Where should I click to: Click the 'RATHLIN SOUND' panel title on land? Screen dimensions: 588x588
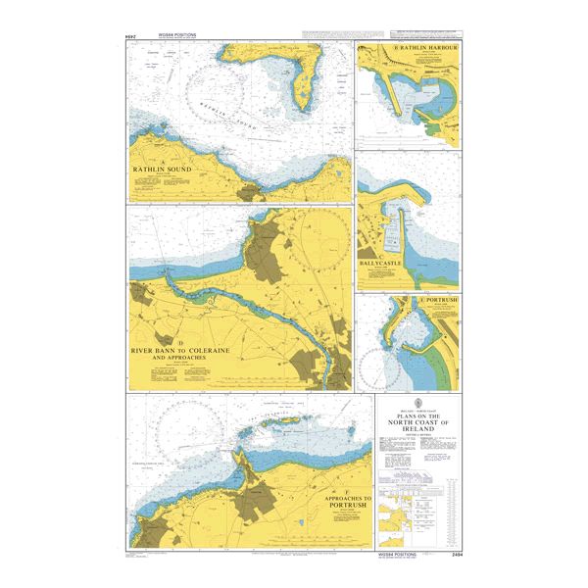coord(170,169)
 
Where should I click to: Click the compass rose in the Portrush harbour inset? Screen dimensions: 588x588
coord(377,367)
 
